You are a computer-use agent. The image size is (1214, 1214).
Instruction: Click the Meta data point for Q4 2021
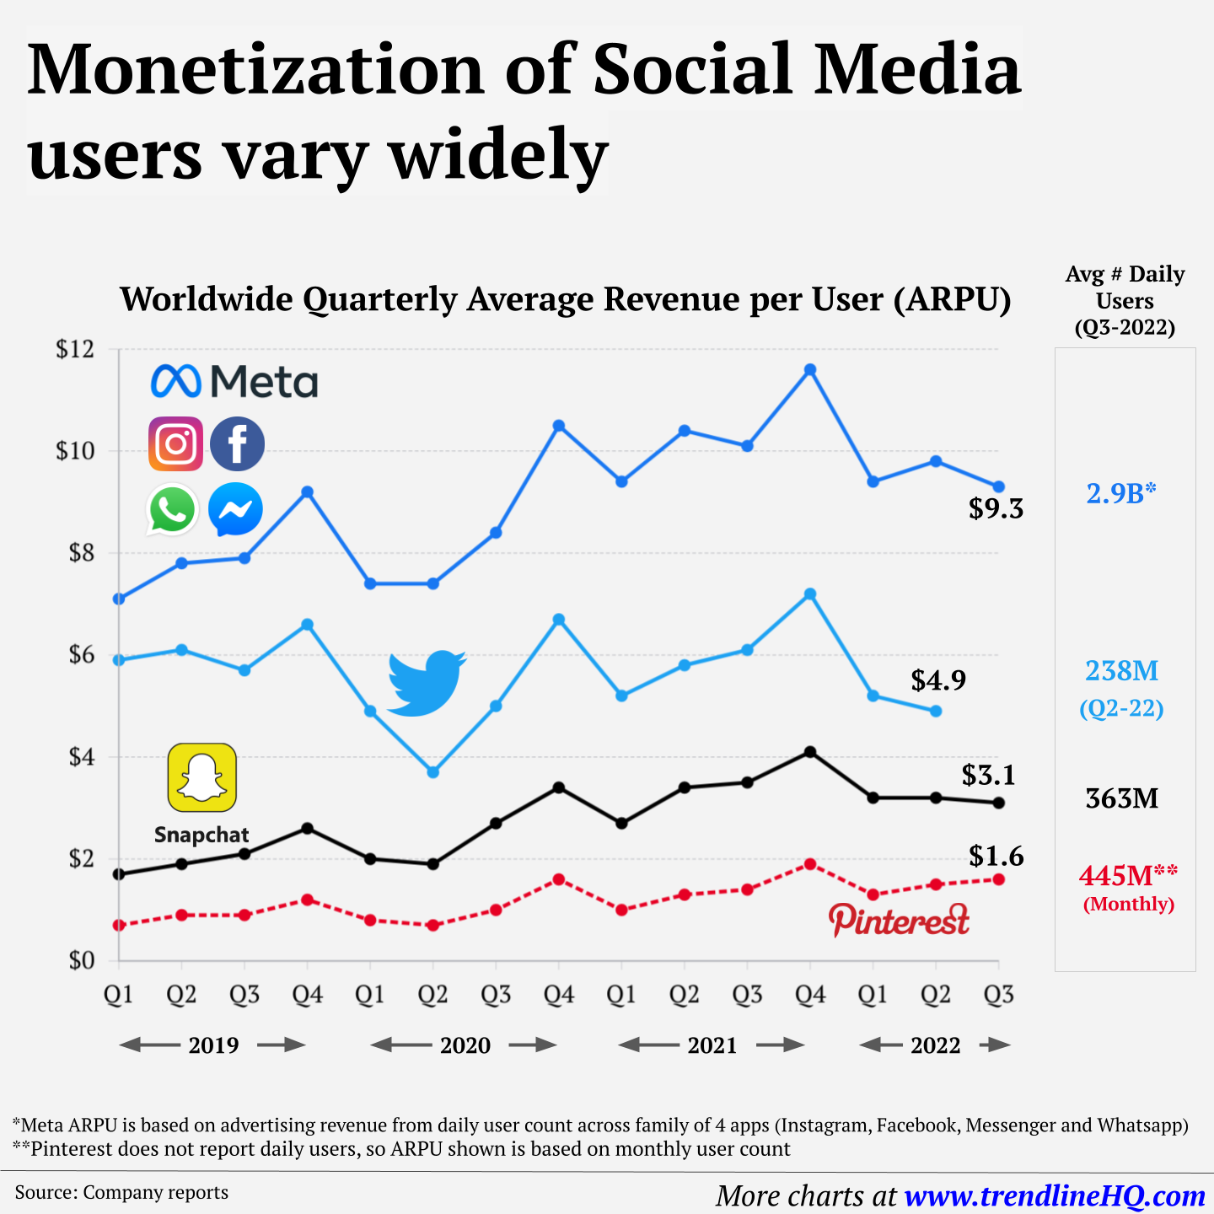pyautogui.click(x=810, y=370)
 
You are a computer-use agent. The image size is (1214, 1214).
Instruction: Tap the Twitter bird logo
pyautogui.click(x=427, y=683)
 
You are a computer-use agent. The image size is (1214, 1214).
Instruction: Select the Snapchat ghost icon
pyautogui.click(x=202, y=777)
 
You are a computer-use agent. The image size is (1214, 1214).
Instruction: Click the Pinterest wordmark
pyautogui.click(x=899, y=920)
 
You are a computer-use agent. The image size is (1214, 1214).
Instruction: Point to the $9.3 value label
pyautogui.click(x=996, y=508)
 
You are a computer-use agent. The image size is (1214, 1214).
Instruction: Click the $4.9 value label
pyautogui.click(x=938, y=680)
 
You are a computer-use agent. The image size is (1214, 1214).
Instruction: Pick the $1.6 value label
pyautogui.click(x=996, y=857)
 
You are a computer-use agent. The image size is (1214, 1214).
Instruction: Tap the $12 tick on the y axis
pyautogui.click(x=74, y=349)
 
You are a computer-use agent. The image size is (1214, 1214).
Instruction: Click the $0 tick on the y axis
pyautogui.click(x=81, y=960)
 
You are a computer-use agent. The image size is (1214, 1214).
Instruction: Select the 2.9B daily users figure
pyautogui.click(x=1120, y=493)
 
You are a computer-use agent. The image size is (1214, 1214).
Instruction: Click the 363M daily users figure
pyautogui.click(x=1122, y=798)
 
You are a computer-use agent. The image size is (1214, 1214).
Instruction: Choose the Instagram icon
pyautogui.click(x=175, y=443)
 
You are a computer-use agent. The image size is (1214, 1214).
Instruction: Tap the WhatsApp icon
pyautogui.click(x=173, y=509)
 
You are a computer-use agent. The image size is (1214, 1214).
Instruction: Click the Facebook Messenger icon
pyautogui.click(x=235, y=509)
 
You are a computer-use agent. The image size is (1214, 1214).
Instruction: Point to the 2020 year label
pyautogui.click(x=465, y=1045)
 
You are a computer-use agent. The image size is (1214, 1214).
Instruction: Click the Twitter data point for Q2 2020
pyautogui.click(x=433, y=772)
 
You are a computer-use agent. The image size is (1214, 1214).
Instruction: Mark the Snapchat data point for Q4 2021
pyautogui.click(x=810, y=752)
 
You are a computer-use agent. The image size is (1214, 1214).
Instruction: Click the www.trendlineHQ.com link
pyautogui.click(x=1055, y=1195)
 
